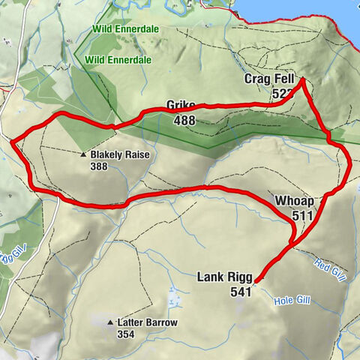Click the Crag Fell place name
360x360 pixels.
point(268,79)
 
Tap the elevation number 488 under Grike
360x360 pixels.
point(185,120)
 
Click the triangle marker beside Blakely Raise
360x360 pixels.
point(84,155)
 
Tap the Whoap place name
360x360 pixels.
point(293,202)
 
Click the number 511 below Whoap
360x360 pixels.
point(302,215)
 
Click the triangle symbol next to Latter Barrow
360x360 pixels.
point(110,322)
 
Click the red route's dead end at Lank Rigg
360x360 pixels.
point(256,282)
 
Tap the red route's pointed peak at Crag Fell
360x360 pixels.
point(301,79)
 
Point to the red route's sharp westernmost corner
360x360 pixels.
point(13,139)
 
